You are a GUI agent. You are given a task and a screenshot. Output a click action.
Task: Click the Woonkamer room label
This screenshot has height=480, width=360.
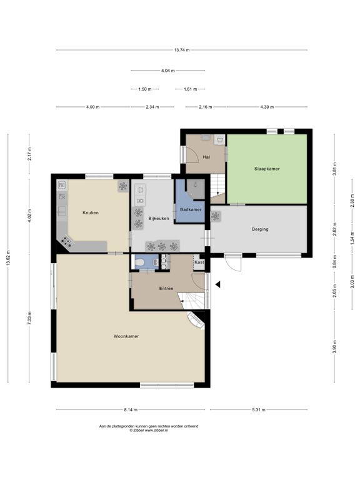coord(126,336)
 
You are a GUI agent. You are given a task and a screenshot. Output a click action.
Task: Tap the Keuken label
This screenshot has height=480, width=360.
coord(91,212)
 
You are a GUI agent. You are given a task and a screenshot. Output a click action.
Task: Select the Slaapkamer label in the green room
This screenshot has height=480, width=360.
coord(267,169)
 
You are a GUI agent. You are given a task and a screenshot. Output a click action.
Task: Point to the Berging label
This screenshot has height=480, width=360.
coord(260,229)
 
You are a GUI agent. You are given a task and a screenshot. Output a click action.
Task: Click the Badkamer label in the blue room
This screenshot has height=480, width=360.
coord(191,210)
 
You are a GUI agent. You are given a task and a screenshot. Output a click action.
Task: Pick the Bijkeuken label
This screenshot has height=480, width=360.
coord(159,219)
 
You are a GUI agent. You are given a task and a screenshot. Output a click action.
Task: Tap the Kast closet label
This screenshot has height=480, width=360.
coord(199,262)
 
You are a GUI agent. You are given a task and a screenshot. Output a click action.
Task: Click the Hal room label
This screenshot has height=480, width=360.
coord(206,157)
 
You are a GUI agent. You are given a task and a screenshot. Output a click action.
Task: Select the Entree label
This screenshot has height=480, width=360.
coord(166,288)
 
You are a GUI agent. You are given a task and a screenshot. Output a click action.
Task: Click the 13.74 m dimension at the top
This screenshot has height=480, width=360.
coord(182,50)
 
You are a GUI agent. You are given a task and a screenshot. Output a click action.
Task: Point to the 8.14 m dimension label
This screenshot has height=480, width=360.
coord(131,409)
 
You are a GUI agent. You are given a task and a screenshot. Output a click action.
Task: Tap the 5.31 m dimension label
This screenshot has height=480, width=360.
coord(259,409)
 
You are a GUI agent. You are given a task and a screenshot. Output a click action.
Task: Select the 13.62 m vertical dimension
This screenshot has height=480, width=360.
coord(8,258)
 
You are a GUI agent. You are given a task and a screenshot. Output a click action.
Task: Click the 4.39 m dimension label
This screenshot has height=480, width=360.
coord(267,107)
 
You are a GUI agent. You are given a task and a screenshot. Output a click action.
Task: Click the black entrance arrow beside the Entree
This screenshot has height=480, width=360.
coord(217,285)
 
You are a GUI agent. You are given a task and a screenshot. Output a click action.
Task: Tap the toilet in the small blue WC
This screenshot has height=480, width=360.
coord(139,262)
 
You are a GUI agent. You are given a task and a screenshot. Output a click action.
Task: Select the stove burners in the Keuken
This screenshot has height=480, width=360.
coord(67,241)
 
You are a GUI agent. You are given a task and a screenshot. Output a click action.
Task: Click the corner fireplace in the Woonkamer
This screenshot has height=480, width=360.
coord(196,321)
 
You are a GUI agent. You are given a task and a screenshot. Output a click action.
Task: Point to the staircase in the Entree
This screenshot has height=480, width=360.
coord(191,301)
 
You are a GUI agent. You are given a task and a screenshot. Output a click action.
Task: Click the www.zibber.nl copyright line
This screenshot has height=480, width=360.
coord(149,430)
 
